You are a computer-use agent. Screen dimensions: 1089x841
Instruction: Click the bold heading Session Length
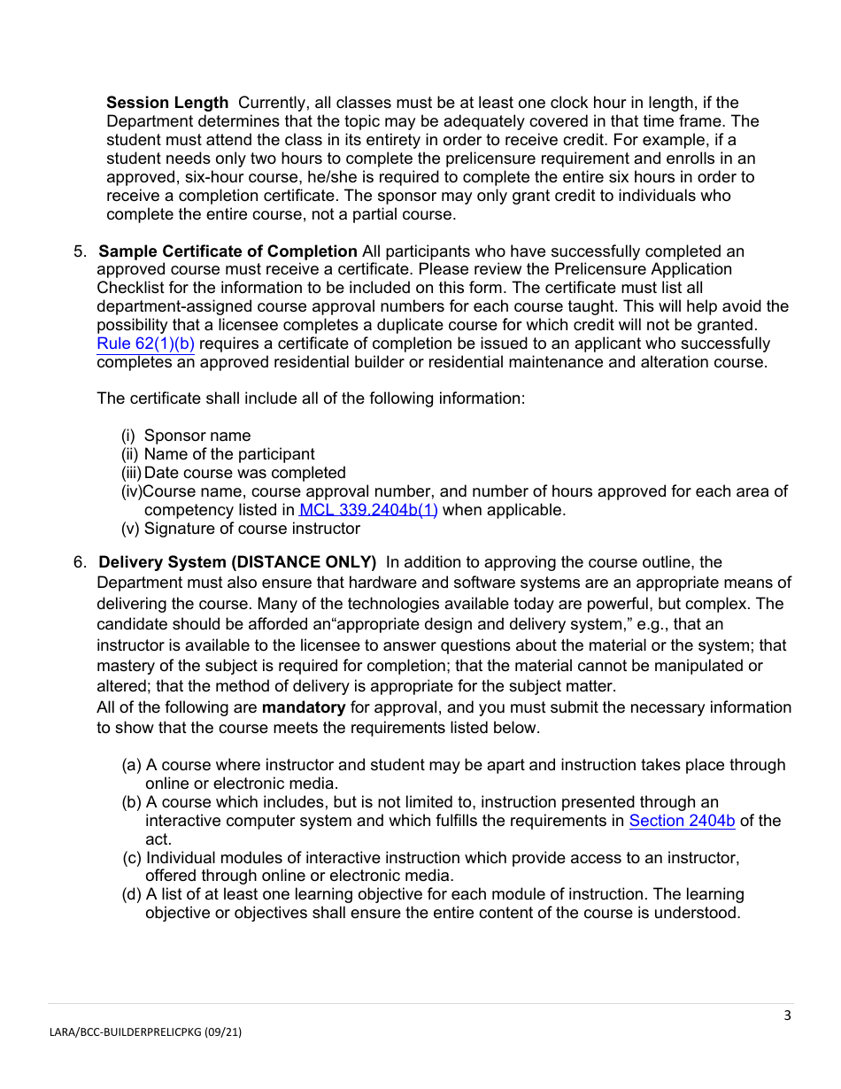(166, 103)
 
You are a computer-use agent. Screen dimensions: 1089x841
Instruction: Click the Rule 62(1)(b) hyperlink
(145, 344)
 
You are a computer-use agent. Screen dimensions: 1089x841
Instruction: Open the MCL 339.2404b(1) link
(368, 510)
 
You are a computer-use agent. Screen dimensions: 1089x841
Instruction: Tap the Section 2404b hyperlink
(682, 821)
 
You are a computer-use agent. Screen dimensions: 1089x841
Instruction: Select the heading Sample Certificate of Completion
(228, 251)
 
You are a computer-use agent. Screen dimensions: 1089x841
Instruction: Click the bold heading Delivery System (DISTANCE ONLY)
(237, 562)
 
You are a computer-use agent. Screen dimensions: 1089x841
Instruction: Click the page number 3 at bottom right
(787, 1016)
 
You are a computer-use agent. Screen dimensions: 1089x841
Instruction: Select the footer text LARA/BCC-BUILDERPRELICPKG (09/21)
(144, 1031)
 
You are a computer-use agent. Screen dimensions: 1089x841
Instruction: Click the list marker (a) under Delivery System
(131, 765)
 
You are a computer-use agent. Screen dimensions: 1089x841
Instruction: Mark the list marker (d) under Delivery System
(131, 894)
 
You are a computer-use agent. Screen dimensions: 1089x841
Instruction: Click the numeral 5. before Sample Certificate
(80, 251)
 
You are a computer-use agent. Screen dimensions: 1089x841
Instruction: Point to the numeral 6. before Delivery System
(80, 562)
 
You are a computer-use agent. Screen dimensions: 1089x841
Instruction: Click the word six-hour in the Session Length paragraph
(190, 177)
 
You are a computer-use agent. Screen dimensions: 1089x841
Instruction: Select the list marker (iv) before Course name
(131, 491)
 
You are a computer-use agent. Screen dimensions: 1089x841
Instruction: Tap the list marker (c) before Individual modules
(131, 857)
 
